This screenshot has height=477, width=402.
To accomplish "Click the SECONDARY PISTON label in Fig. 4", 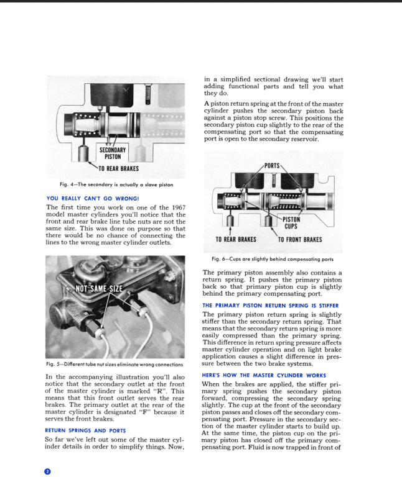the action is tap(113, 153).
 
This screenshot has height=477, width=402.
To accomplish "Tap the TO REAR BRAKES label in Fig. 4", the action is tap(119, 168).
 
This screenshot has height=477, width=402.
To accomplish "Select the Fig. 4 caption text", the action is tap(116, 184).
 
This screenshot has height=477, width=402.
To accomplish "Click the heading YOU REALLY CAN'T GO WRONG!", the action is tap(93, 198).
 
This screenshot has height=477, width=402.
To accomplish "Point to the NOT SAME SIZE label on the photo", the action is tap(99, 288).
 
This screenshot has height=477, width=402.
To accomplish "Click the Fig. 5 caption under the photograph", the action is tap(115, 364).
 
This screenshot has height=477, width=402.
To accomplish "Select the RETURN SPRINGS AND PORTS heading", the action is tap(85, 430).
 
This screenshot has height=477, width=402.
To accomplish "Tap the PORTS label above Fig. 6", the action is tap(272, 166).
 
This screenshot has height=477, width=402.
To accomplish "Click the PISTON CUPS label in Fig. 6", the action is tap(291, 223).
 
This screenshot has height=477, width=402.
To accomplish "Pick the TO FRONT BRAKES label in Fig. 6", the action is tap(300, 240).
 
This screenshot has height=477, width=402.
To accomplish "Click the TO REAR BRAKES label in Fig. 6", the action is tap(236, 239).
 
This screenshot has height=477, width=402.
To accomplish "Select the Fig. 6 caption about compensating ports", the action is tap(273, 259).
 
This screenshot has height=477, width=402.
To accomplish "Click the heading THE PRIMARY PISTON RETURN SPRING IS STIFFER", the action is tap(270, 306).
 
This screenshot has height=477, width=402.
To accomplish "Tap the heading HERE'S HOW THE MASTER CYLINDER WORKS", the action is tap(264, 375).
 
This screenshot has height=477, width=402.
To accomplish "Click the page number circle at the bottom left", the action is tap(47, 471).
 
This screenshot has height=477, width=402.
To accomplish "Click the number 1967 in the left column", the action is tap(179, 207).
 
